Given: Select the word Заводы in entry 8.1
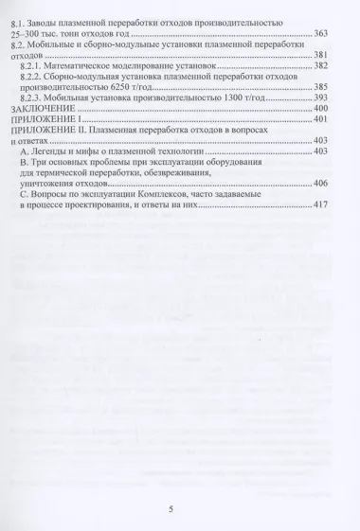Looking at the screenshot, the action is [50, 21].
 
